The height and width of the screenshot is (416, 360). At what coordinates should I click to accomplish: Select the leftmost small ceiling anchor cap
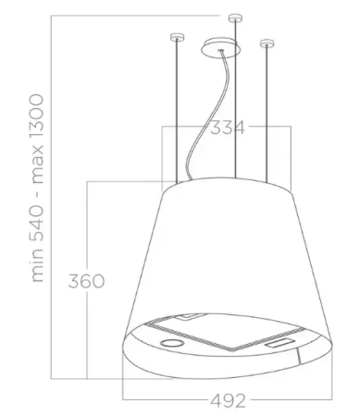(x=173, y=37)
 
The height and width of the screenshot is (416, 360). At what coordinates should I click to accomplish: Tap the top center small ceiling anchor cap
(x=233, y=18)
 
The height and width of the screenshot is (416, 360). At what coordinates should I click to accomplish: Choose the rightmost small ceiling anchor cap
(x=268, y=42)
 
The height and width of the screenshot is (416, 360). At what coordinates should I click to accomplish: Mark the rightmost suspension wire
(x=268, y=111)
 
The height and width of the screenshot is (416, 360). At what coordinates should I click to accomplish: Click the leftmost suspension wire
(x=173, y=111)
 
